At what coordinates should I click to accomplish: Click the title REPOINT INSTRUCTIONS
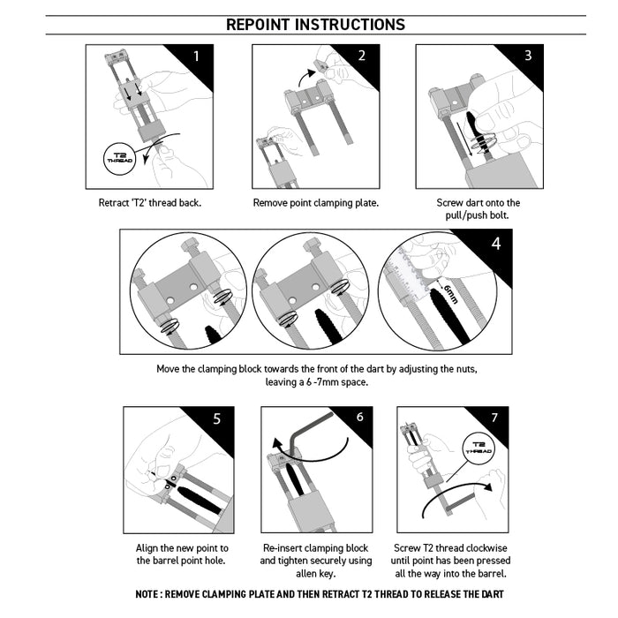[315, 25]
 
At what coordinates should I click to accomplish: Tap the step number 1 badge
[197, 58]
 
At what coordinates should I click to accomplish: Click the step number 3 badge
[527, 57]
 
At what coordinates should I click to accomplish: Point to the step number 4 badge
[495, 244]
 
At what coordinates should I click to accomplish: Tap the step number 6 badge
[359, 418]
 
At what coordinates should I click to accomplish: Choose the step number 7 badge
[494, 418]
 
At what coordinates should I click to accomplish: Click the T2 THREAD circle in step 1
[118, 158]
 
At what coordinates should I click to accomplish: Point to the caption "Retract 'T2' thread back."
[150, 203]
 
